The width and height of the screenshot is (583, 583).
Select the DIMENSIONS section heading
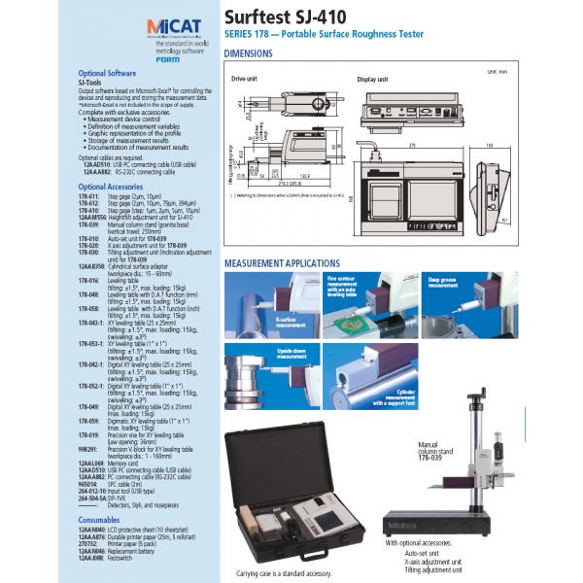(x=255, y=53)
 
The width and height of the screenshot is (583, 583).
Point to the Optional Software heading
(x=107, y=74)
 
